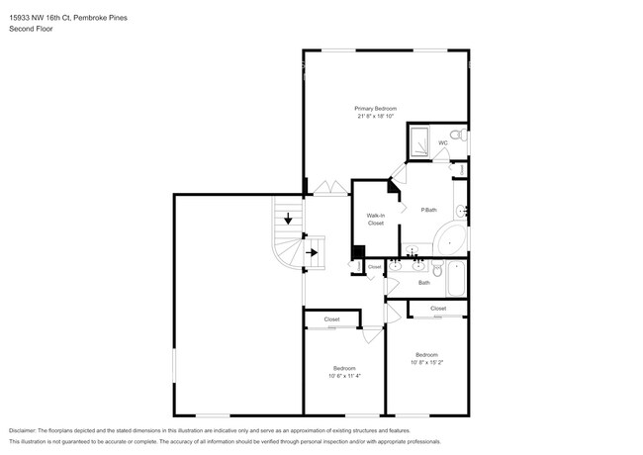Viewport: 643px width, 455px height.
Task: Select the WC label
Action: [443, 142]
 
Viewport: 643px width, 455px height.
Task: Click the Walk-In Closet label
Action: [375, 219]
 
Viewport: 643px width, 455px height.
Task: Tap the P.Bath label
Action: [429, 210]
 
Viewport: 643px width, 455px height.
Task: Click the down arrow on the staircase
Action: [287, 220]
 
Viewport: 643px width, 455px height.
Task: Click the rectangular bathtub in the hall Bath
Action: [457, 280]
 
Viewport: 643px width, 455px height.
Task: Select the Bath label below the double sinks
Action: [423, 283]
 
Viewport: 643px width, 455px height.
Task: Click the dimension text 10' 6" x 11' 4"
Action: [343, 375]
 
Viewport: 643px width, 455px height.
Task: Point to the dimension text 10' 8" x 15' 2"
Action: [426, 361]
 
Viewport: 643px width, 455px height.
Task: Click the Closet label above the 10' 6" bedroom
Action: [331, 319]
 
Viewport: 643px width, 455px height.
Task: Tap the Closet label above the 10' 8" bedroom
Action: [438, 309]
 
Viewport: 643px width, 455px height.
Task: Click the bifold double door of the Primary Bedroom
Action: [327, 187]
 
